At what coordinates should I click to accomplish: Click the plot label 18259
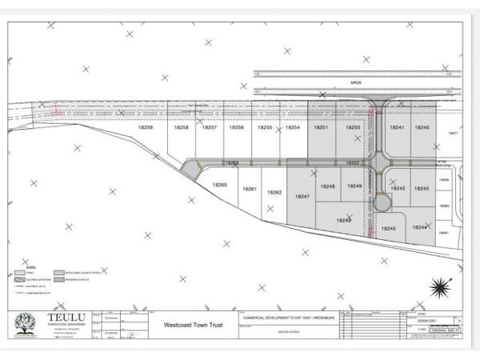coord(146,128)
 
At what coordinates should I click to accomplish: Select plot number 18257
coord(210,128)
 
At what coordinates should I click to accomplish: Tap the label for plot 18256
coord(238,128)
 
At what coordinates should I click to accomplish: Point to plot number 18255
coord(266,128)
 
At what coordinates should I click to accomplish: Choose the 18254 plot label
coord(293,128)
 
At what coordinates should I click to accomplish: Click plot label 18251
coord(321,128)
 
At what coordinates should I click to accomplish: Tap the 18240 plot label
coord(422,128)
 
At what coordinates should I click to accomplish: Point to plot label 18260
coord(220,186)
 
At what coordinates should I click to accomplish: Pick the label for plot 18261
coord(249,190)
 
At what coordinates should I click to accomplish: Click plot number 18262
coord(274,193)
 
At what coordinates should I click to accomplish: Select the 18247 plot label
coord(302,196)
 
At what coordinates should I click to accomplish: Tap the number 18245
coord(389,229)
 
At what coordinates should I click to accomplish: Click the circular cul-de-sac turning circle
coord(379,202)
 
